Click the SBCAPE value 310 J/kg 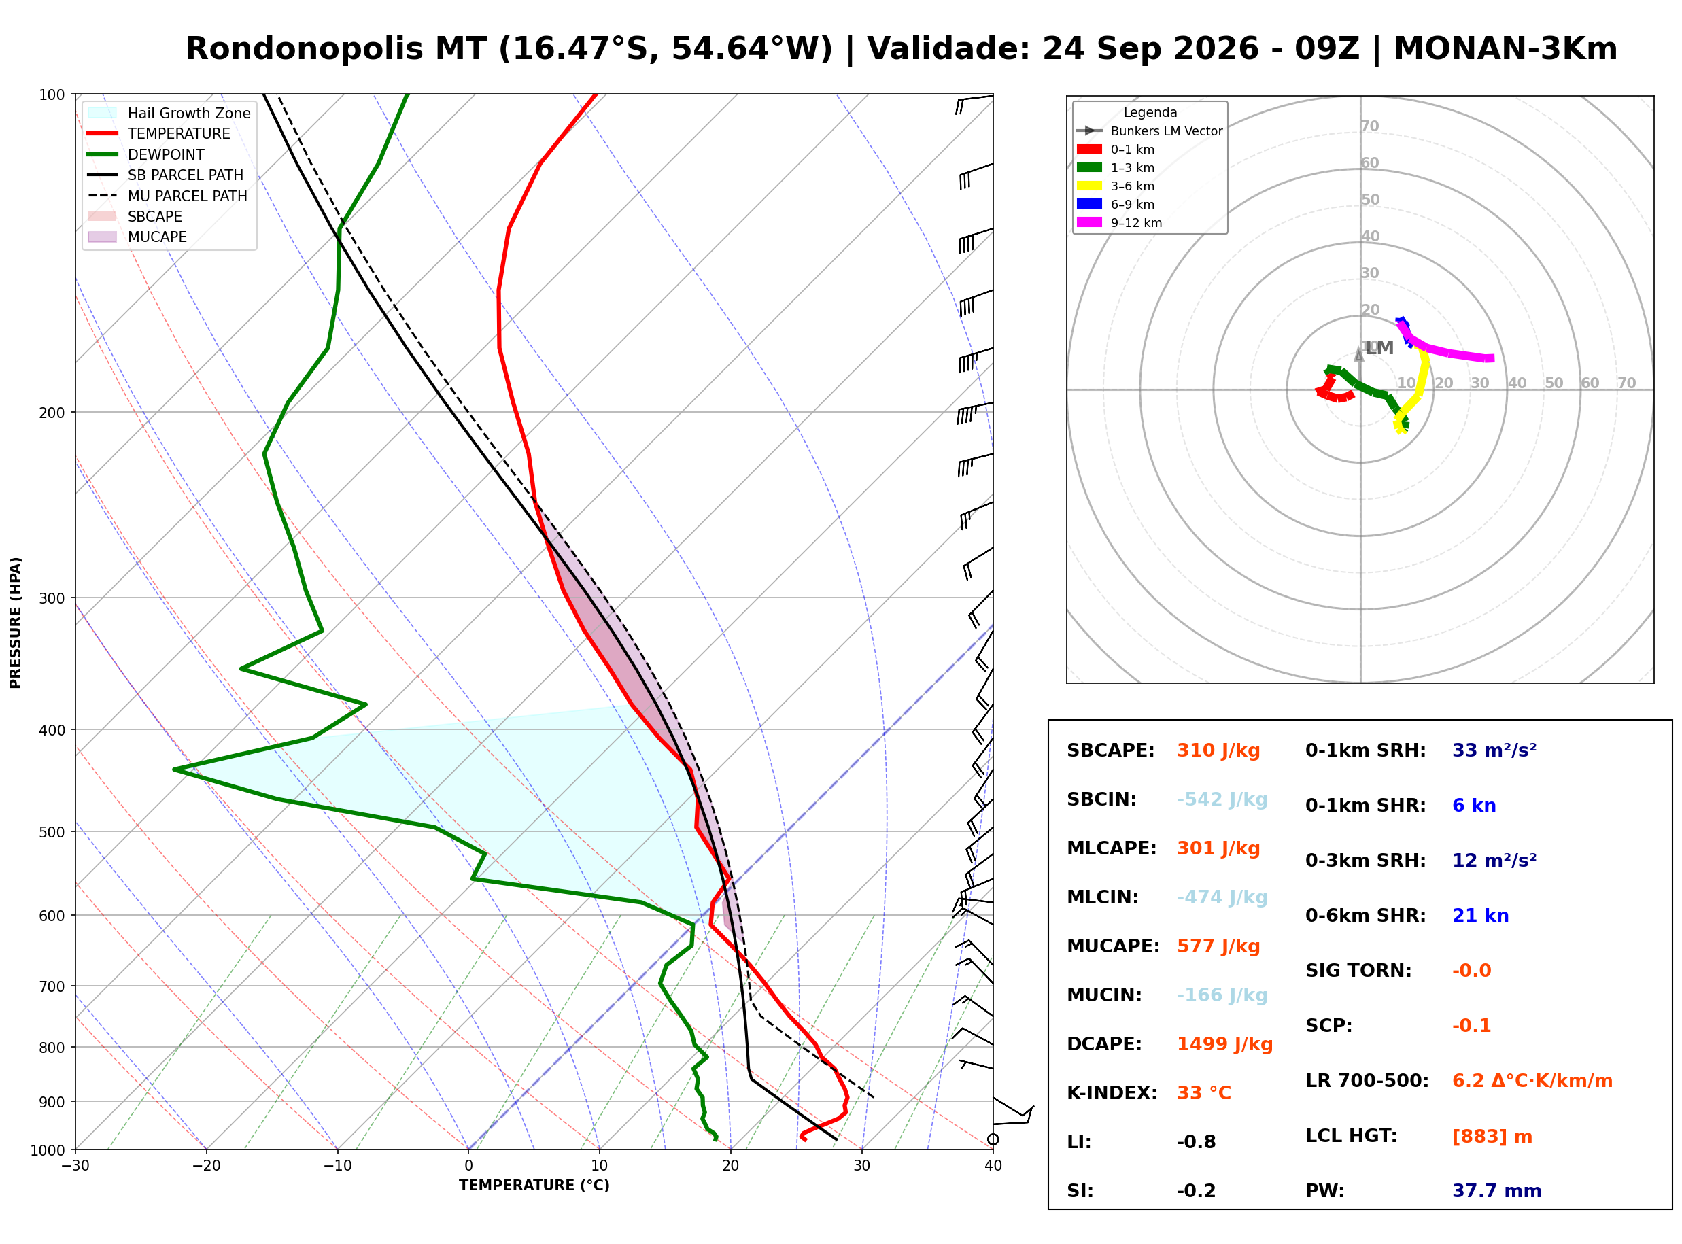point(1218,750)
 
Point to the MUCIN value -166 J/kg point(1222,995)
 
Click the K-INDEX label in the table point(1112,1093)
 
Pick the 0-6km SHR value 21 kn point(1480,916)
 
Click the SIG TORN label point(1358,971)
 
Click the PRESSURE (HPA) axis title point(16,623)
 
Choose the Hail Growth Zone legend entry point(169,113)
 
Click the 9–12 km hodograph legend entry point(1120,223)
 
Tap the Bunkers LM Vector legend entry point(1150,131)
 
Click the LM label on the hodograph point(1379,348)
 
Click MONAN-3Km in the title point(1505,49)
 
